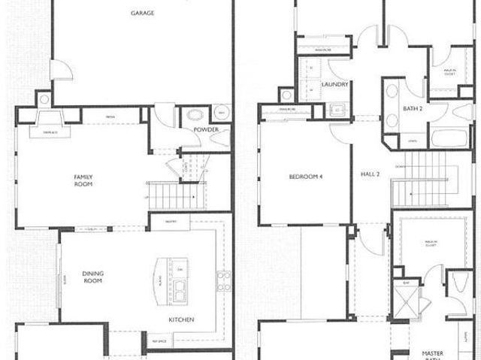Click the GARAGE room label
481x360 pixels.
[143, 14]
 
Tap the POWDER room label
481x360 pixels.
[206, 130]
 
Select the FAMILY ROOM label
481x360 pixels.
[83, 180]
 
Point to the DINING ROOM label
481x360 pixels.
[92, 277]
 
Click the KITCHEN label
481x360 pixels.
[181, 320]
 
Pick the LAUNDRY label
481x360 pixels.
[334, 85]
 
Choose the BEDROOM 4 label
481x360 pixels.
[304, 177]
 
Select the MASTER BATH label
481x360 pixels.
[432, 355]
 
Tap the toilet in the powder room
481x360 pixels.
[222, 113]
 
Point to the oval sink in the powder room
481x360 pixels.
[195, 116]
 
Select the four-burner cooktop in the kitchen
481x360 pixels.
[222, 280]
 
